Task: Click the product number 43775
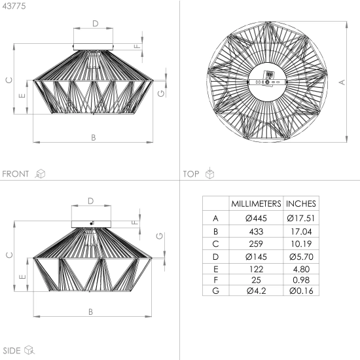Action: [x=14, y=6]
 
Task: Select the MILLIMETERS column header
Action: [x=256, y=204]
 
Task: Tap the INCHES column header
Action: [x=301, y=204]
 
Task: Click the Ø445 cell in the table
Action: [x=256, y=218]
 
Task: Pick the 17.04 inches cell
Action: [x=301, y=232]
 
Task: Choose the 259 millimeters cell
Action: [x=256, y=243]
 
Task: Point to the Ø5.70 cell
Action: [x=301, y=257]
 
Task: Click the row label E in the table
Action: [x=215, y=269]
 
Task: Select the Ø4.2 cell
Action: [x=256, y=291]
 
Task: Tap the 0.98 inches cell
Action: [x=301, y=280]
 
